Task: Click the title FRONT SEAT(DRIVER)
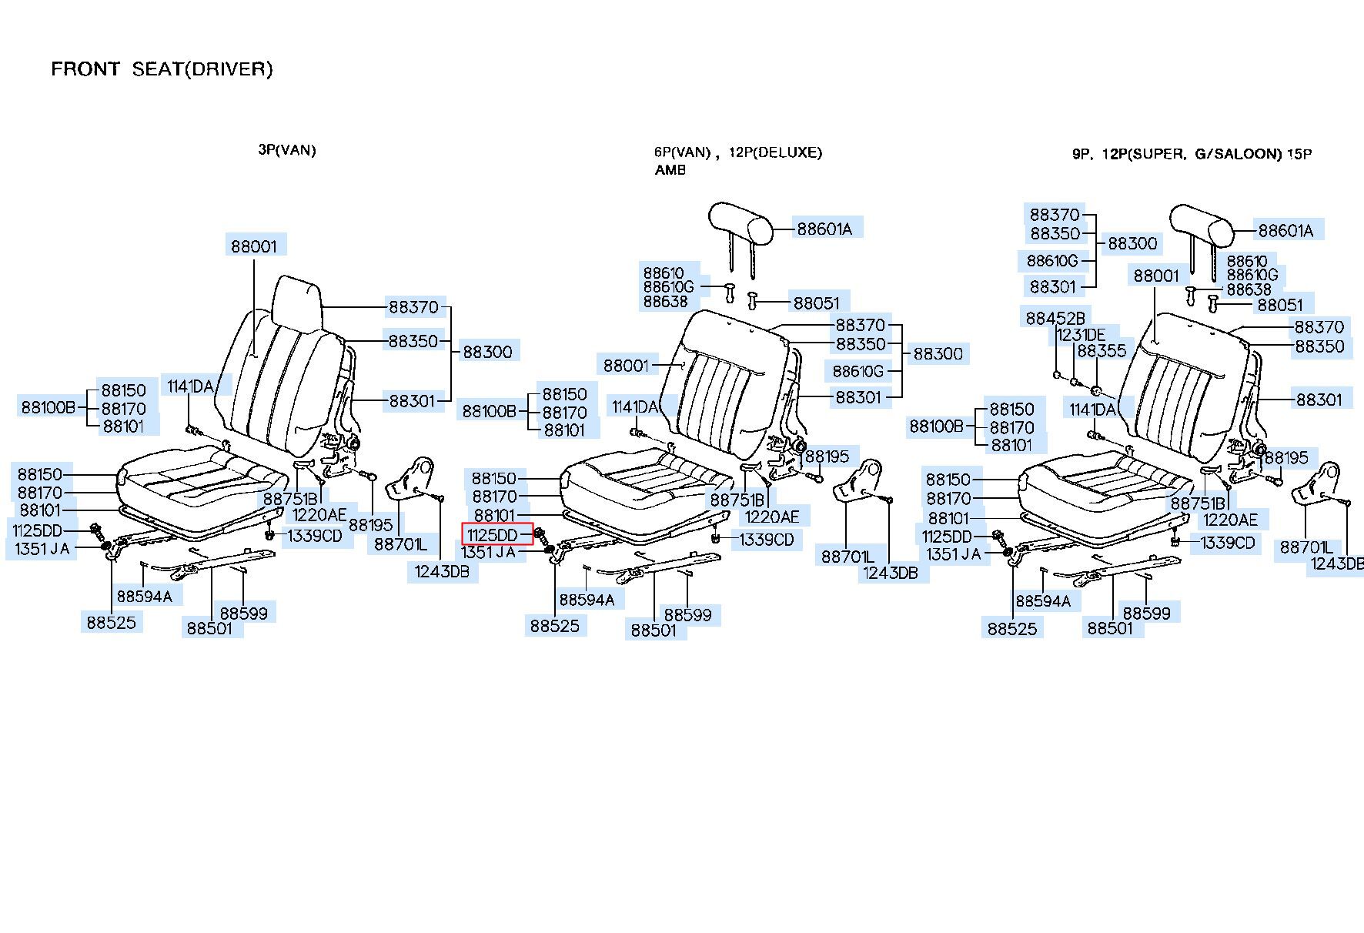tap(162, 69)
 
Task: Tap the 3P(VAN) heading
tap(287, 150)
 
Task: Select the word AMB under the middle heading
tap(670, 170)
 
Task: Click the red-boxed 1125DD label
tap(493, 533)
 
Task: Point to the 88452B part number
tap(1055, 318)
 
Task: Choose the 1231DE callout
tap(1081, 335)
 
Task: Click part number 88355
tap(1102, 351)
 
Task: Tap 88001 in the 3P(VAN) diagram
tap(254, 246)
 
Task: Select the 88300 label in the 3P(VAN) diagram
tap(487, 352)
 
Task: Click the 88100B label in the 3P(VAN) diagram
tap(48, 406)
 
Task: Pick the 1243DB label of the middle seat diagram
tap(891, 573)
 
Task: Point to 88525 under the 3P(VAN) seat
tap(111, 622)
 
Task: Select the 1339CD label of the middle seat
tap(766, 540)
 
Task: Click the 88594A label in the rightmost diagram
tap(1043, 600)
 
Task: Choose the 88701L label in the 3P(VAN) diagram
tap(400, 544)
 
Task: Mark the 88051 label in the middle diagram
tap(816, 303)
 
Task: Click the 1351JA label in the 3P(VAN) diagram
tap(42, 549)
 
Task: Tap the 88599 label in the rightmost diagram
tap(1146, 614)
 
